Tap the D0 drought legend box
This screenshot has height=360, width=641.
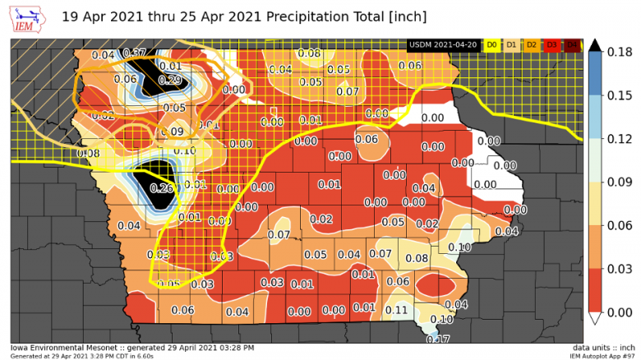492,44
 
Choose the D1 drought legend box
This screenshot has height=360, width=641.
512,44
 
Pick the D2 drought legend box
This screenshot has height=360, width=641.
532,44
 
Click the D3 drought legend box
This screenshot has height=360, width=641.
551,44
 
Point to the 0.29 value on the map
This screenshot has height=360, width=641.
169,80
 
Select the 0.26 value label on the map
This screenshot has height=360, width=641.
162,188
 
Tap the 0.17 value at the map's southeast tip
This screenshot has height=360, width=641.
438,339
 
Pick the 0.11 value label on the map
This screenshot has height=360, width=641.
397,310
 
